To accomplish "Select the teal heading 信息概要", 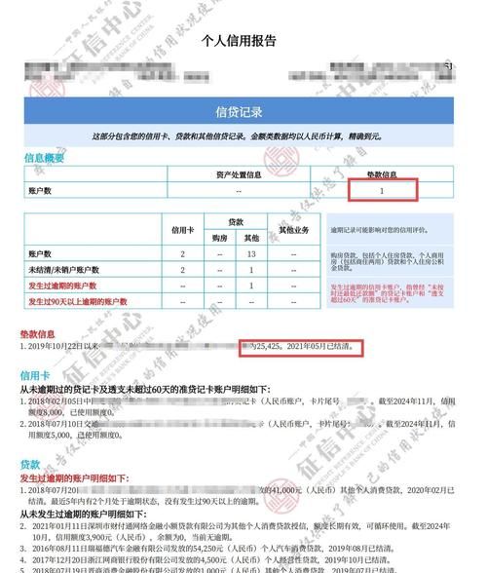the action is point(44,158).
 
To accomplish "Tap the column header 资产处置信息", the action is point(239,175).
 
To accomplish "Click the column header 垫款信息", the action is point(381,175).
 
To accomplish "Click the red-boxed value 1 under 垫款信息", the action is point(381,191).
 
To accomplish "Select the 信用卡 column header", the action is point(183,230).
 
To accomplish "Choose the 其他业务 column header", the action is point(293,230).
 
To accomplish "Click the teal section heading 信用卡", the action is point(36,374).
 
